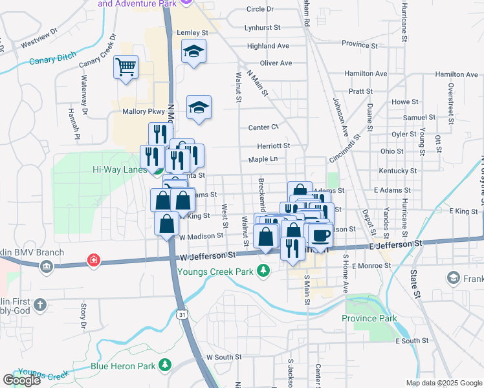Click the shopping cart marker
[x=126, y=66]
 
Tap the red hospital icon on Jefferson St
[x=94, y=261]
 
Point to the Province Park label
[x=369, y=318]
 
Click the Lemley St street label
[x=192, y=32]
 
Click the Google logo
[x=21, y=380]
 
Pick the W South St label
[x=224, y=357]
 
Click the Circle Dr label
[x=260, y=9]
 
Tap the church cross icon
[x=40, y=304]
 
